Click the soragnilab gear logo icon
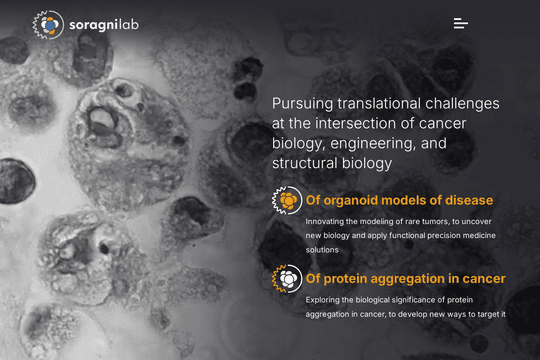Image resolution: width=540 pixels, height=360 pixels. pos(48,24)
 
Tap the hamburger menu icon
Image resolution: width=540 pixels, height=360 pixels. pos(461,23)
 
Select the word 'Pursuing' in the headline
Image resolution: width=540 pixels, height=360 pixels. pos(302,104)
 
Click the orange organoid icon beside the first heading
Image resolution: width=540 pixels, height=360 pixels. pos(287,200)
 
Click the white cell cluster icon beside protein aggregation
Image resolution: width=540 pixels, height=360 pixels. pos(287,279)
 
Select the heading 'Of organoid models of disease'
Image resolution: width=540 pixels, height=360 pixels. pos(399,200)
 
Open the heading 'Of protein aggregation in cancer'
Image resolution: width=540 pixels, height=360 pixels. pos(406,279)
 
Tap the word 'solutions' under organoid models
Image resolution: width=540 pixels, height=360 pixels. pos(322,250)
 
